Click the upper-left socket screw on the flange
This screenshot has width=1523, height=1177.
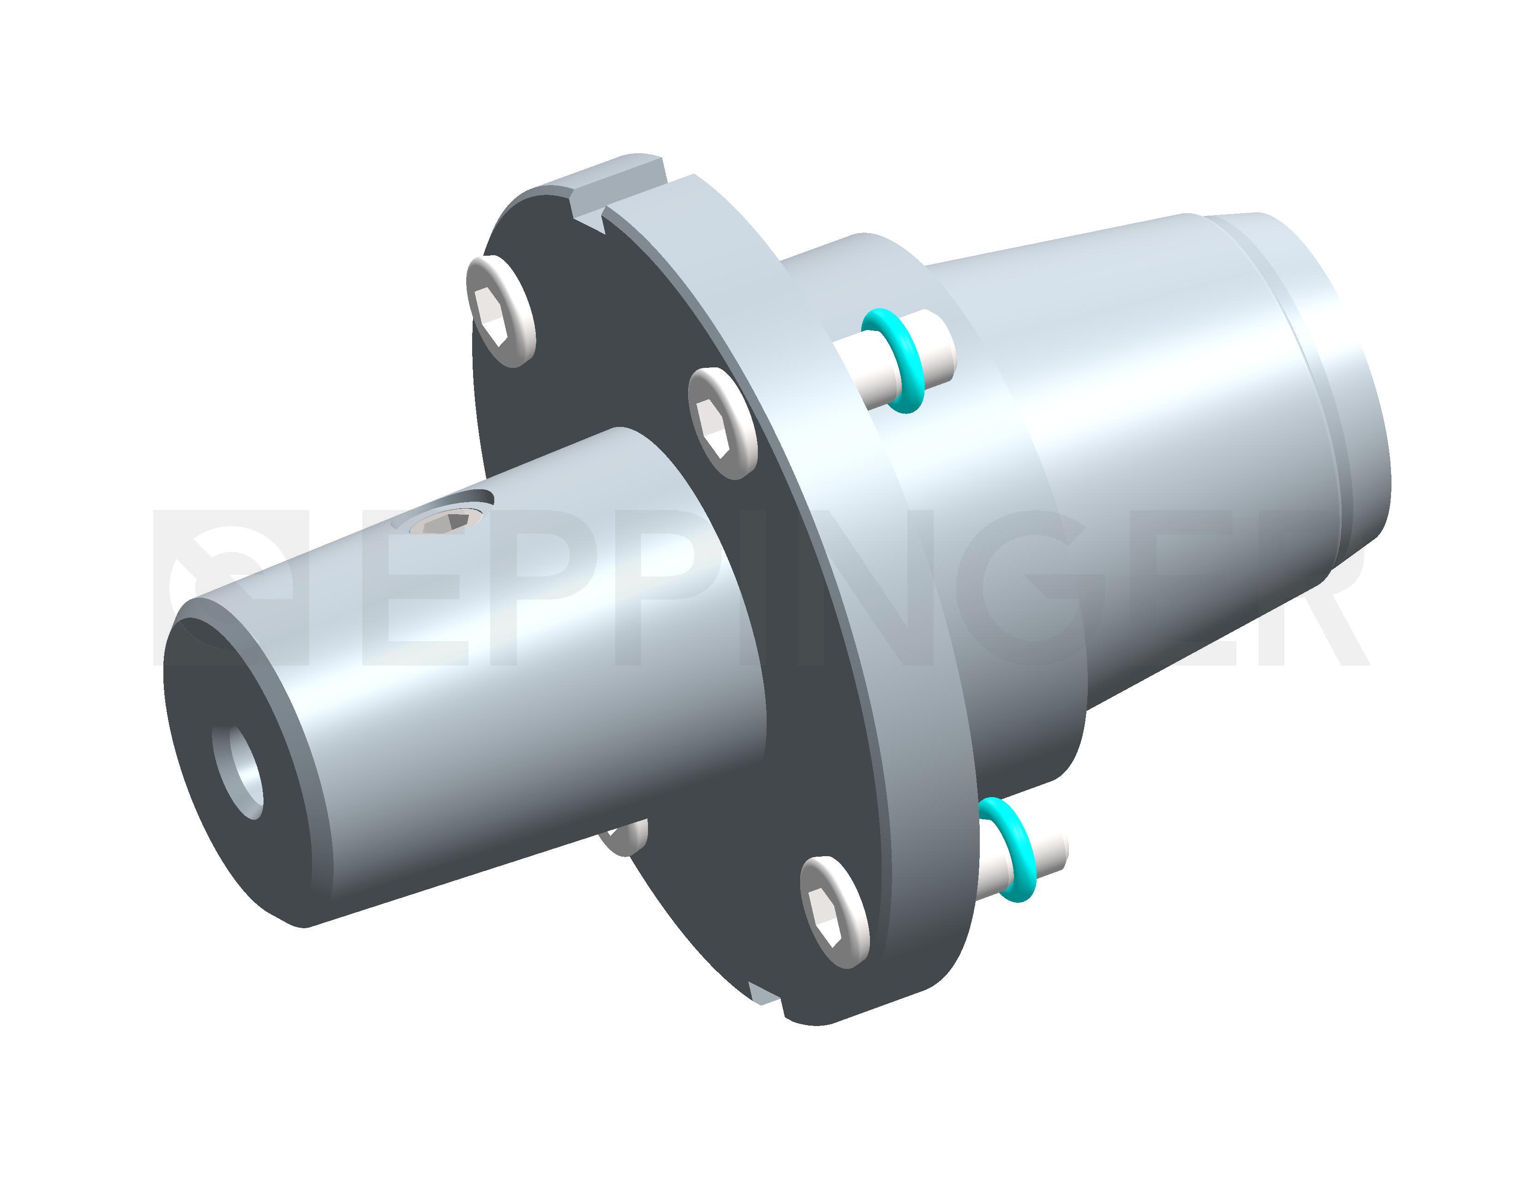(501, 311)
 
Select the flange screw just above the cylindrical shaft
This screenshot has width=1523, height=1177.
(722, 423)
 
